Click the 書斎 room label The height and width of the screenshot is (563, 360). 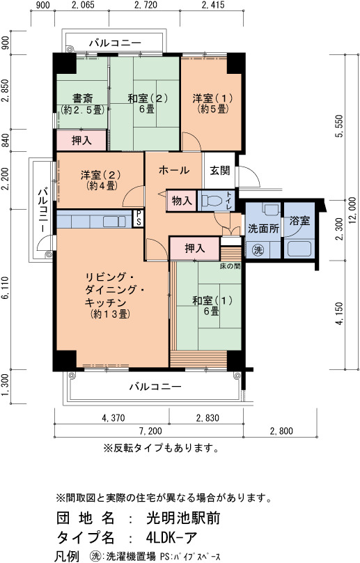(x=83, y=98)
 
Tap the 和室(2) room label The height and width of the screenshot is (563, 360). (x=148, y=98)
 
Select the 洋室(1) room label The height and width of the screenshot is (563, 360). (x=212, y=98)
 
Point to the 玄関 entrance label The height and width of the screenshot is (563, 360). (x=219, y=170)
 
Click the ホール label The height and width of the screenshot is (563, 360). (x=173, y=170)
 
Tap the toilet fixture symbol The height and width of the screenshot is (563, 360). (x=212, y=201)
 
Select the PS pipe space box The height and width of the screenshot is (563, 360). (x=138, y=218)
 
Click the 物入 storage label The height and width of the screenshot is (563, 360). (x=182, y=201)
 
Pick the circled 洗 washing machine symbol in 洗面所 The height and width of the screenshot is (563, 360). (x=258, y=250)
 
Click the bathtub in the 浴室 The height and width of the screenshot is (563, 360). (x=299, y=249)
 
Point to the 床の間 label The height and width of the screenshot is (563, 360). (x=230, y=266)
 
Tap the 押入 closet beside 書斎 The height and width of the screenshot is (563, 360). (x=82, y=140)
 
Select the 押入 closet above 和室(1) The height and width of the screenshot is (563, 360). (x=194, y=248)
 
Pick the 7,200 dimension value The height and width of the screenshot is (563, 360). (x=150, y=431)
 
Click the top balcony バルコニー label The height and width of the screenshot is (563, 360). (x=115, y=43)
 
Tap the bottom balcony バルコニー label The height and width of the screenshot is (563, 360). (x=155, y=387)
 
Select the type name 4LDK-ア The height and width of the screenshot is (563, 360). (x=171, y=537)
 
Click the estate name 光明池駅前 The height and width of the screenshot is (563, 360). (x=183, y=518)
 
